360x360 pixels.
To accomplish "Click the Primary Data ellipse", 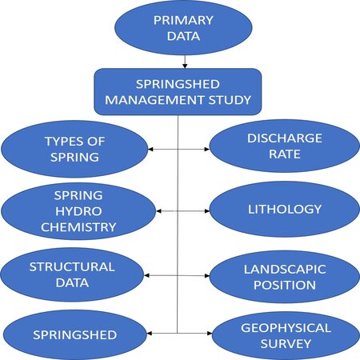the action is (183, 28).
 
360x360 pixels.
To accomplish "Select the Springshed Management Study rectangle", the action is (178, 92).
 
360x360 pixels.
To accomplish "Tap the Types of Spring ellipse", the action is (74, 149).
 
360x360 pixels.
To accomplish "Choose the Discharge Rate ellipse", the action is (285, 146).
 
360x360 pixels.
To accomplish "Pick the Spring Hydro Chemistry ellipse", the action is (78, 211).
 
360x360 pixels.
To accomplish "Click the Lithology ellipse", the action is (285, 210).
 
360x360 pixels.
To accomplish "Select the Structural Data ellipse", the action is (72, 274).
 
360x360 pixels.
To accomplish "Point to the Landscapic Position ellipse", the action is (285, 277).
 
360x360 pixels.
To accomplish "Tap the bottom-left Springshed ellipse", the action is (75, 335).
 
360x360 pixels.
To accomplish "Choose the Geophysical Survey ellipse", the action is (286, 335).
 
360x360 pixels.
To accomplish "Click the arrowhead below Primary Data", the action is (185, 66).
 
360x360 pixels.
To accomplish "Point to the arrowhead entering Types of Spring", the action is (150, 149).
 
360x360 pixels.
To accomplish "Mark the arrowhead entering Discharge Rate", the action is (207, 149).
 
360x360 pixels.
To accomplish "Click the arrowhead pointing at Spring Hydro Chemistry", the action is (158, 211).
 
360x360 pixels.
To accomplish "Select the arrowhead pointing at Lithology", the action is (207, 211).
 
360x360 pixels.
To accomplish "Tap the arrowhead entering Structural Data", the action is (146, 275).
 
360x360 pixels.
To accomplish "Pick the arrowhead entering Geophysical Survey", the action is (210, 333).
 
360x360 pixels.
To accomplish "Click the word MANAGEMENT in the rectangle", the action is (154, 100).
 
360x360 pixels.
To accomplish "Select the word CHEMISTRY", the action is (78, 227).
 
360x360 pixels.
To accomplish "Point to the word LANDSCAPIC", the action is (285, 269).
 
